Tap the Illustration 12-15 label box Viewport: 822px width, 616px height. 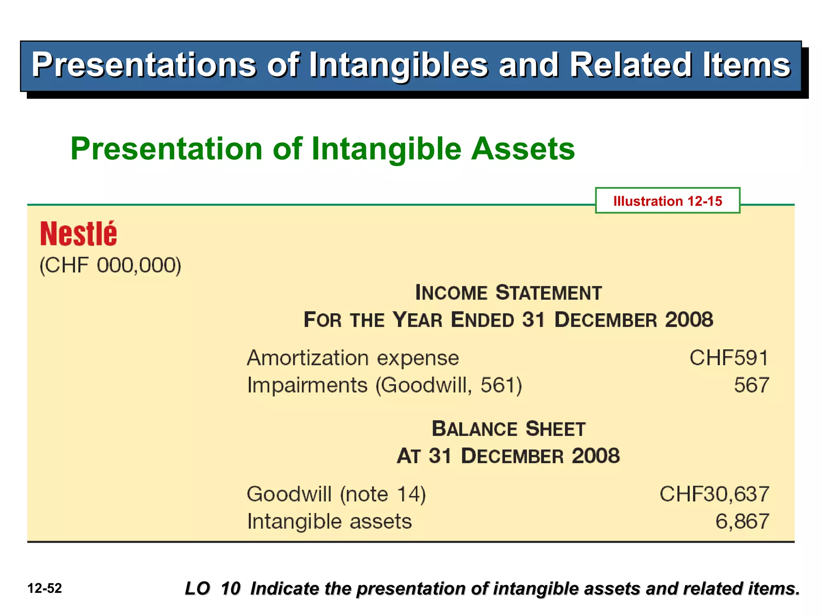667,201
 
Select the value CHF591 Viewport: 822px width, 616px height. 728,358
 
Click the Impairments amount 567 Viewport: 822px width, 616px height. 751,385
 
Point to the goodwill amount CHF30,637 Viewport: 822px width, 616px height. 714,494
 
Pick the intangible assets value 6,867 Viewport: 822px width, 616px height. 742,521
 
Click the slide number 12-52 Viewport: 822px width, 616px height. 45,588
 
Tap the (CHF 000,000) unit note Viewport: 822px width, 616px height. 110,265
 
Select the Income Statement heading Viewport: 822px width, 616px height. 508,292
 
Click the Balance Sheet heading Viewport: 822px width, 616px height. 508,429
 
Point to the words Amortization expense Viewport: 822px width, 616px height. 353,358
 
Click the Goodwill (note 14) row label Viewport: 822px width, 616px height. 336,494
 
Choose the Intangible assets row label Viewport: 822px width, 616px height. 330,521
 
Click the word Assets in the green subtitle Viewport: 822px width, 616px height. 523,149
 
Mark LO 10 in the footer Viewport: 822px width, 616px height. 212,588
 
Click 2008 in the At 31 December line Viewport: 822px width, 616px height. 596,456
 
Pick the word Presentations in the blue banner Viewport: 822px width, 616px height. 144,65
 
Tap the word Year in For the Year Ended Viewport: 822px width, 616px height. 417,320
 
